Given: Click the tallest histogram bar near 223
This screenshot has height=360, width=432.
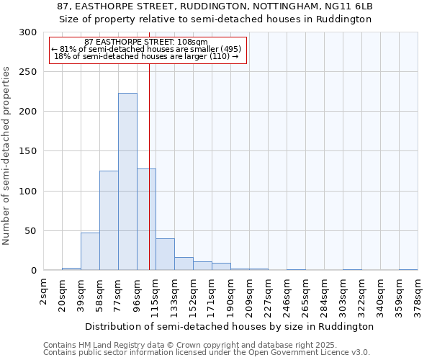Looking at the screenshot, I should [127, 181].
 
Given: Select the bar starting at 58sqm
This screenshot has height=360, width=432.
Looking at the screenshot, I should [109, 220].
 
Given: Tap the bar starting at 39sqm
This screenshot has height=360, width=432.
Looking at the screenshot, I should [90, 251].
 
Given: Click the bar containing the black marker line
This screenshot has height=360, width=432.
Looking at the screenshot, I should [146, 220].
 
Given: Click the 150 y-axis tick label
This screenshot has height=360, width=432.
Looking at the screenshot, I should [29, 152].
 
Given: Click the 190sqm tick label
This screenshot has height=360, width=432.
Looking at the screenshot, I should [231, 293].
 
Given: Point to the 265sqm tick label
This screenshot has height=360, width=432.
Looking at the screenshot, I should [306, 293].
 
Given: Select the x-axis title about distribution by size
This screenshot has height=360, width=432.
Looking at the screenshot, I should [230, 326].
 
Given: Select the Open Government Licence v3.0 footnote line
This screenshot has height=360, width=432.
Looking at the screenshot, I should [206, 352].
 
